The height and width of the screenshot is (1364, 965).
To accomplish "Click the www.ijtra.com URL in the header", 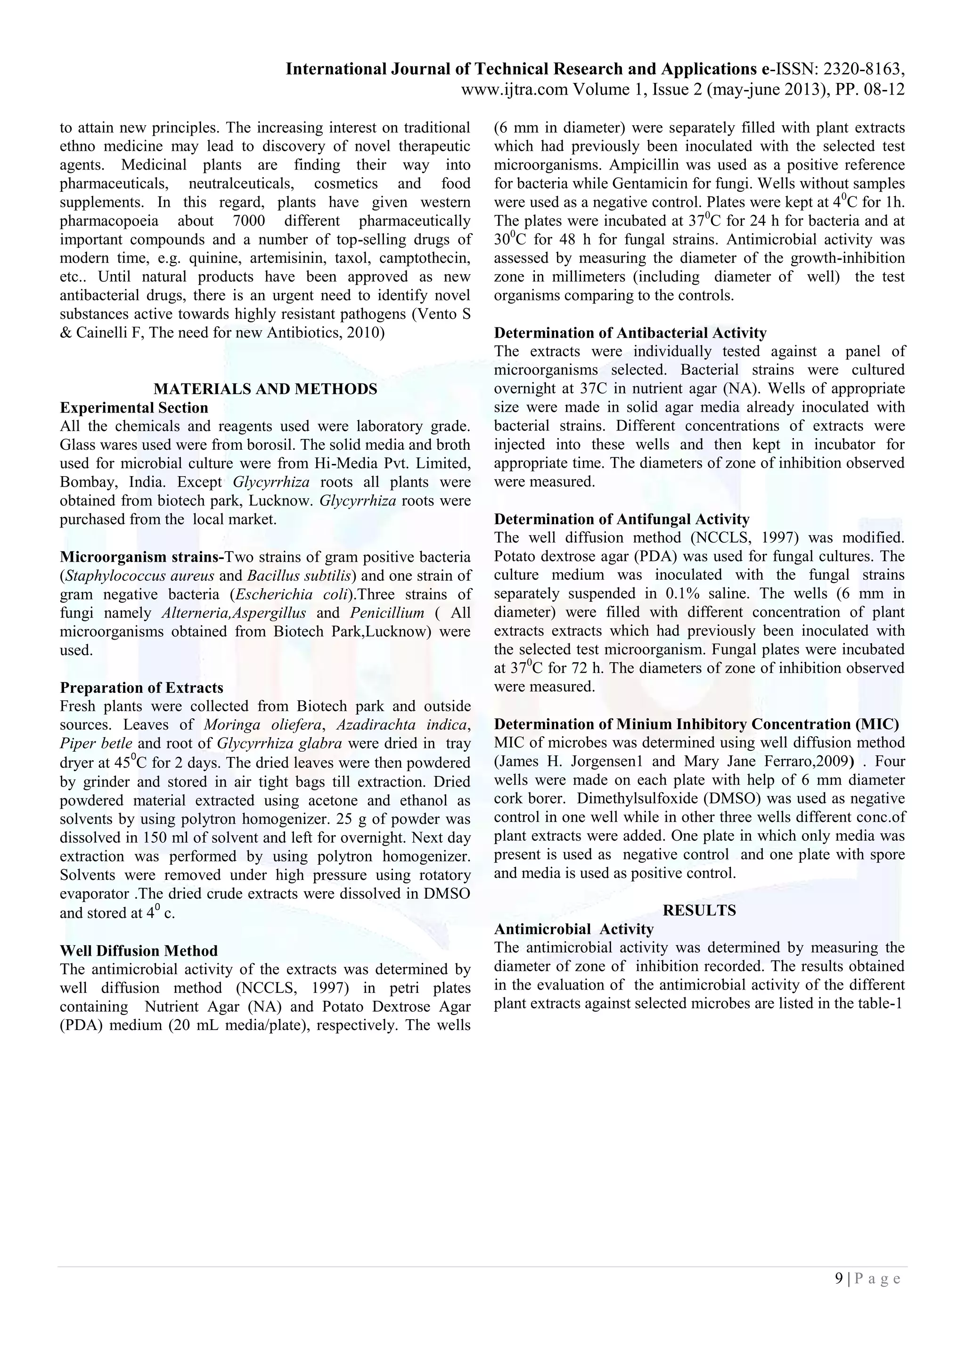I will click(x=514, y=89).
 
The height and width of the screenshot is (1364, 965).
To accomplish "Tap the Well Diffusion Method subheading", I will click(x=139, y=951).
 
